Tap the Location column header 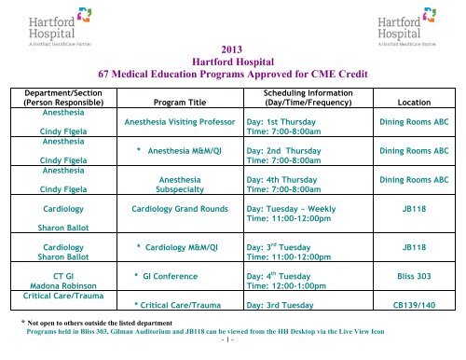(x=413, y=106)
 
